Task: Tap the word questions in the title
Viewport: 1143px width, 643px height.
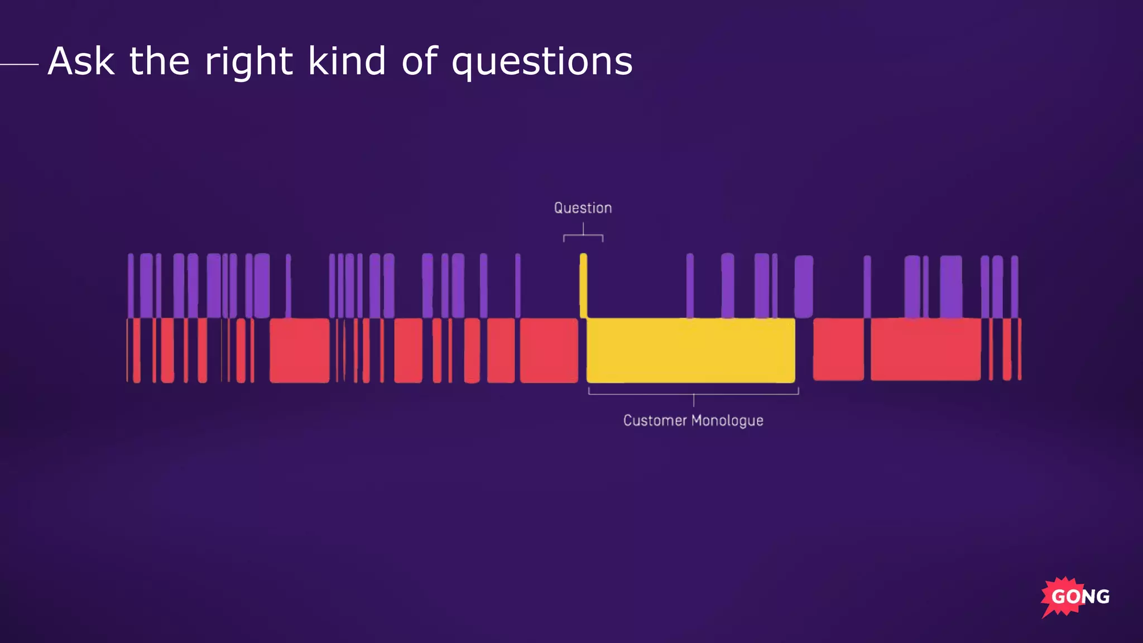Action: click(x=541, y=63)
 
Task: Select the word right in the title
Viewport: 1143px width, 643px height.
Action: click(x=248, y=63)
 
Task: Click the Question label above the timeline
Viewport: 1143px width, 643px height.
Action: click(x=583, y=208)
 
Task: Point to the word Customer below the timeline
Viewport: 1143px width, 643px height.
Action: click(x=654, y=420)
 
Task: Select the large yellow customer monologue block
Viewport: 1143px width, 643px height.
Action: click(x=690, y=351)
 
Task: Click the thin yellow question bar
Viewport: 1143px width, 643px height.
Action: click(x=583, y=285)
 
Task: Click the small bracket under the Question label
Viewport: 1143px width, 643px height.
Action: click(x=583, y=237)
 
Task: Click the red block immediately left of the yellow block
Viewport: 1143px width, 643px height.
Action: click(x=549, y=351)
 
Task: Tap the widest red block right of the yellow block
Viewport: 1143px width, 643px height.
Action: click(x=925, y=349)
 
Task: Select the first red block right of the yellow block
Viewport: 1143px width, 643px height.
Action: click(x=838, y=349)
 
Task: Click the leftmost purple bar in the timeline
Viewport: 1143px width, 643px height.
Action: click(x=131, y=285)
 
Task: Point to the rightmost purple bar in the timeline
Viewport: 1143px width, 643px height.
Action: click(x=1015, y=286)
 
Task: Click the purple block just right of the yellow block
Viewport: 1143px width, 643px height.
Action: click(x=803, y=286)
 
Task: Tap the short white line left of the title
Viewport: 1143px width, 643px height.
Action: click(x=19, y=64)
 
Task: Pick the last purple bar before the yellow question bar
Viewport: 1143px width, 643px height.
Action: click(x=518, y=285)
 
